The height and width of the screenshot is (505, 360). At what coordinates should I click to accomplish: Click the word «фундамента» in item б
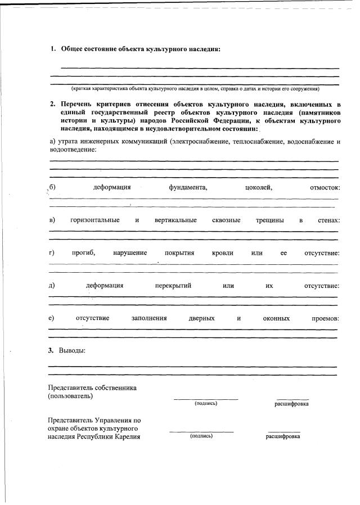[x=188, y=187]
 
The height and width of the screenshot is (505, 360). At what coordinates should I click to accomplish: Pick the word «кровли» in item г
[x=223, y=253]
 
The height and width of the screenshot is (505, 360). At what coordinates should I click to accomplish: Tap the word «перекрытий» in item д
[x=173, y=286]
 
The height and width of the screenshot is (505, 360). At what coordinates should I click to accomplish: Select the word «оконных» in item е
[x=276, y=318]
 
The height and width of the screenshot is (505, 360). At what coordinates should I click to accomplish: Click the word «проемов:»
[x=325, y=318]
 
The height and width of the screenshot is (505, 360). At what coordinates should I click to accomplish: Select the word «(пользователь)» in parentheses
[x=71, y=396]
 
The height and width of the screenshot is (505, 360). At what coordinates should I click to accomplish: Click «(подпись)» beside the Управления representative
[x=201, y=436]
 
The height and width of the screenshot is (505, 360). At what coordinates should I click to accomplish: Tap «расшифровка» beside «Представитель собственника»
[x=291, y=404]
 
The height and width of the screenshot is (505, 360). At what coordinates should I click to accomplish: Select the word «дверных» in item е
[x=202, y=318]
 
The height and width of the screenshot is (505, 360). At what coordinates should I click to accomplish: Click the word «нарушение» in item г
[x=130, y=253]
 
